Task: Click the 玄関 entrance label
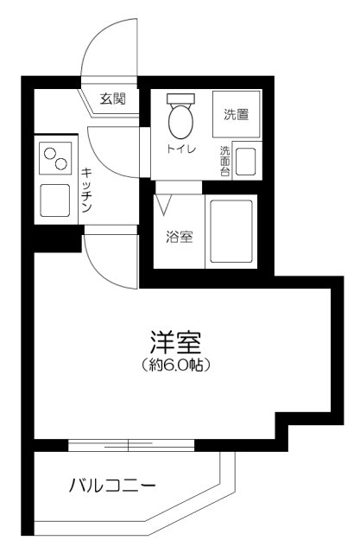click(x=112, y=99)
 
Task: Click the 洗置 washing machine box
click(x=236, y=113)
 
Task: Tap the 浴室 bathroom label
click(x=179, y=236)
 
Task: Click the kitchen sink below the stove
click(x=55, y=201)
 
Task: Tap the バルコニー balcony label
click(x=112, y=486)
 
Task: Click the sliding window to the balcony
click(x=129, y=445)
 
